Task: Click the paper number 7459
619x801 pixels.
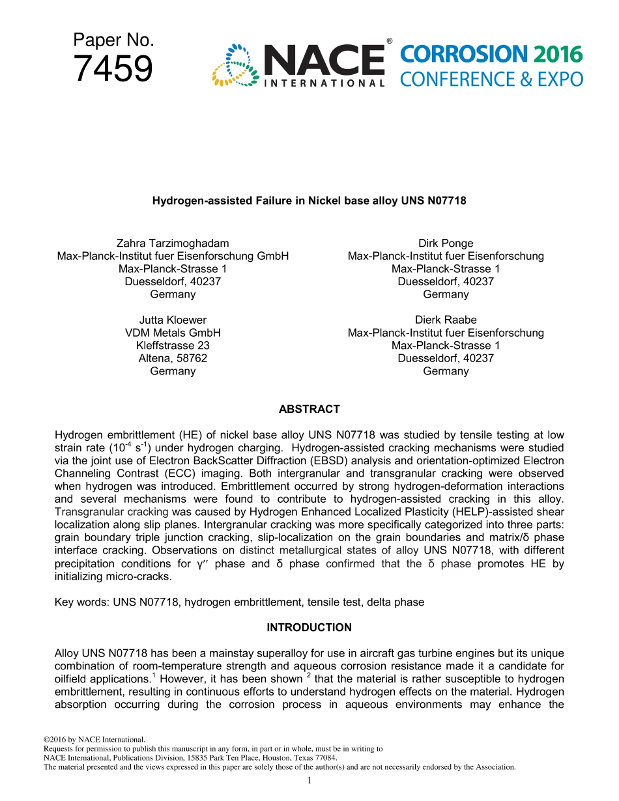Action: (x=113, y=69)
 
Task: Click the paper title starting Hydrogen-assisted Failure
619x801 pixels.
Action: (x=309, y=201)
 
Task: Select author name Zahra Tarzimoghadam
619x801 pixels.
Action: (x=173, y=244)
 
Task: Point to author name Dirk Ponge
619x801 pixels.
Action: (x=446, y=244)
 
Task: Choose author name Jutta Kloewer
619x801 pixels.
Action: (x=173, y=320)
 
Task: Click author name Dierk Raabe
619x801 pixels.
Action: (x=446, y=320)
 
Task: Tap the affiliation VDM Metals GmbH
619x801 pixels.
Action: (x=173, y=333)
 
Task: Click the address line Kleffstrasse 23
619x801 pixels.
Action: (x=173, y=346)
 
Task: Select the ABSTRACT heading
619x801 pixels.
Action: (x=309, y=410)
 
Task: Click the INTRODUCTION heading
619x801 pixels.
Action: (x=309, y=628)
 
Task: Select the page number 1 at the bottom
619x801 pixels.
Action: (x=309, y=780)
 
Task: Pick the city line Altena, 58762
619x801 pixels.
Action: (x=173, y=358)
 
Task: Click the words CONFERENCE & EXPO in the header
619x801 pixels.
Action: (x=491, y=79)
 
